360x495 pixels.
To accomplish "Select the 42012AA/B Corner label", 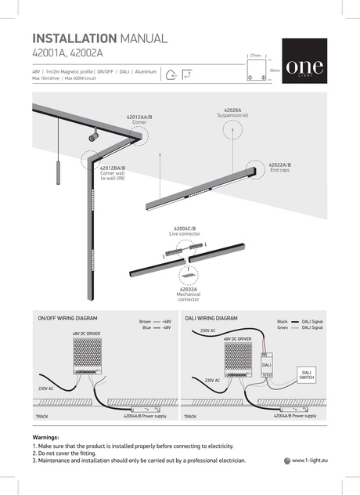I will [x=139, y=118].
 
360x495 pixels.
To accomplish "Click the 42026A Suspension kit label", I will [x=232, y=113].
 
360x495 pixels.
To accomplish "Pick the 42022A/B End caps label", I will [x=279, y=167].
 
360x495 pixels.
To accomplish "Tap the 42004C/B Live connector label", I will [x=185, y=230].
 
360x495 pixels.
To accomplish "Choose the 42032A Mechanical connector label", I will [x=188, y=294].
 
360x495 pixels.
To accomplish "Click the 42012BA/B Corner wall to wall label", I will [x=112, y=173].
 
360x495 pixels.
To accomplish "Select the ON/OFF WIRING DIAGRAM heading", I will [x=67, y=320].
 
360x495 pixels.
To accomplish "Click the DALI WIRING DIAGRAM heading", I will [x=211, y=320].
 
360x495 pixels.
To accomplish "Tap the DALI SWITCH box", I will [x=306, y=374].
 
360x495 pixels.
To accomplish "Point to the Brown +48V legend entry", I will [x=155, y=321].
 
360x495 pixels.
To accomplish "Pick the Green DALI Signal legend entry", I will [x=301, y=327].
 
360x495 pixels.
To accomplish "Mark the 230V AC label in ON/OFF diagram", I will [x=45, y=388].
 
